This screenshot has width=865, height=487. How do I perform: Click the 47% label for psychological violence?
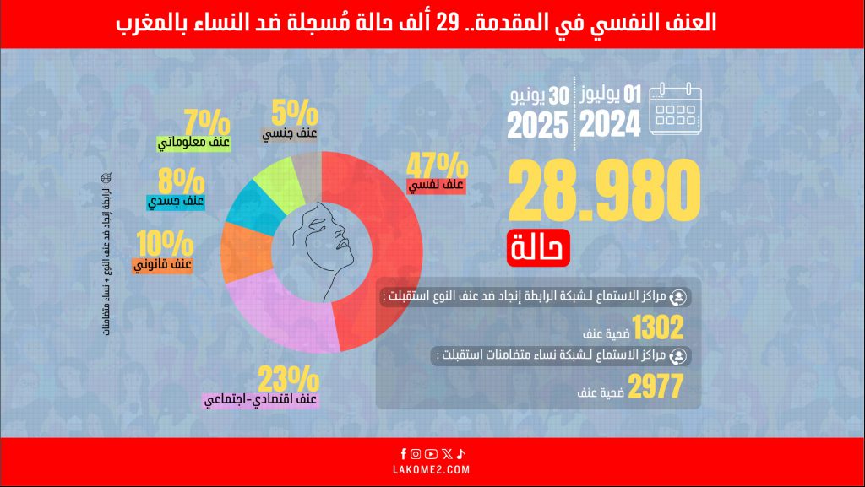pyautogui.click(x=437, y=164)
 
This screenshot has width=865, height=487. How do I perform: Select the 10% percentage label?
pyautogui.click(x=166, y=245)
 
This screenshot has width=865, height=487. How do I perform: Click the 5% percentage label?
pyautogui.click(x=295, y=111)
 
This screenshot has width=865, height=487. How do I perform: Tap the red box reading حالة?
pyautogui.click(x=539, y=247)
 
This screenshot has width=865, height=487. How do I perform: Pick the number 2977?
pyautogui.click(x=656, y=387)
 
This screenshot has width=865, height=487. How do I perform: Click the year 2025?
pyautogui.click(x=537, y=126)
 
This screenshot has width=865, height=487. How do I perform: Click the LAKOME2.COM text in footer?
pyautogui.click(x=432, y=469)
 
